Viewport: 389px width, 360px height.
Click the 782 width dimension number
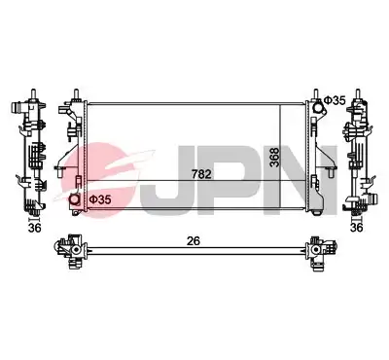[x=201, y=174]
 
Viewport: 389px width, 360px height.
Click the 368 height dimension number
[x=274, y=158]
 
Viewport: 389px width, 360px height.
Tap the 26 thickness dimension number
[x=194, y=241]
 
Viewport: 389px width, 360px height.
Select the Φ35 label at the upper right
[x=336, y=100]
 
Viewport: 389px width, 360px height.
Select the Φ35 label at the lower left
[x=100, y=199]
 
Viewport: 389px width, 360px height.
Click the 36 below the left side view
[x=35, y=228]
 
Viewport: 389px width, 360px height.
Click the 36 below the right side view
[x=357, y=228]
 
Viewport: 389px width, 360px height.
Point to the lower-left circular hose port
[x=76, y=199]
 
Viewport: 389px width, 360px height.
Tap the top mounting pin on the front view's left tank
[x=76, y=93]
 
